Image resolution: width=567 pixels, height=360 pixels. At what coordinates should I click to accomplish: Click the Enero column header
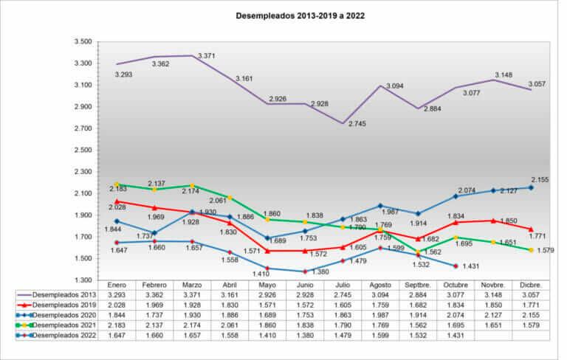117,284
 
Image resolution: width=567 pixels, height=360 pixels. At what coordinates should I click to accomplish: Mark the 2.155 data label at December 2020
540,179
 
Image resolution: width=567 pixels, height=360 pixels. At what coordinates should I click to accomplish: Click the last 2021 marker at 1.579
531,250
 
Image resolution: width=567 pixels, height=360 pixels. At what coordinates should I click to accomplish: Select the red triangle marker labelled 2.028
117,201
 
